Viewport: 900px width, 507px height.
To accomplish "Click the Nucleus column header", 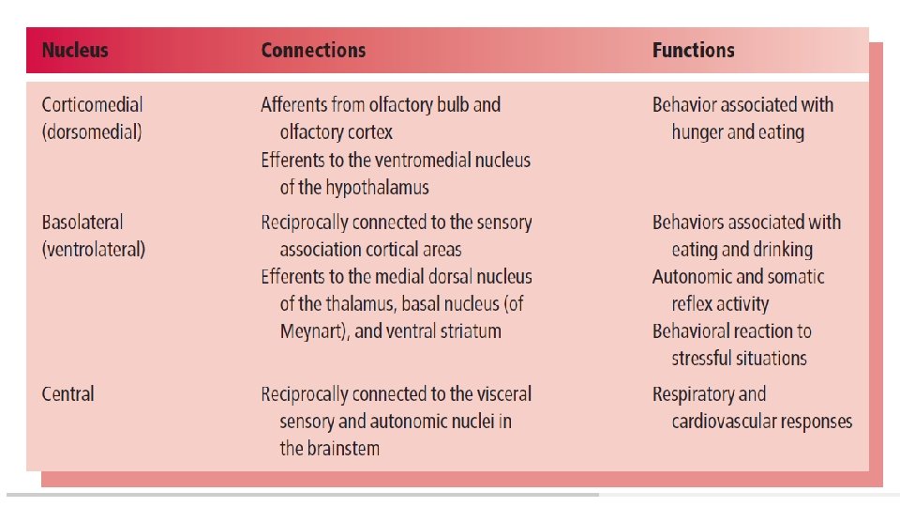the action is (75, 51).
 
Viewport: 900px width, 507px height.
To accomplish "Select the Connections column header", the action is (313, 51).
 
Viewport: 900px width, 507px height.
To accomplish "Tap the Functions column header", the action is (694, 51).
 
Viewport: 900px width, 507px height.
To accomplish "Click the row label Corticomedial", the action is (93, 104).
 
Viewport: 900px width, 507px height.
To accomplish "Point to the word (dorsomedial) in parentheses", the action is (92, 132).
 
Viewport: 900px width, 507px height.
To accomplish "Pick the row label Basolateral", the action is (82, 222).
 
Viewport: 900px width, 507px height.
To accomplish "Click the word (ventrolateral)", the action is (94, 250).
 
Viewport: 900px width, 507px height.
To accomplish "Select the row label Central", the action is (67, 394).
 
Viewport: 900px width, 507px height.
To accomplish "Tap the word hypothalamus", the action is (377, 188).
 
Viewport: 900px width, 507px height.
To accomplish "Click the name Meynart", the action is (311, 331).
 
